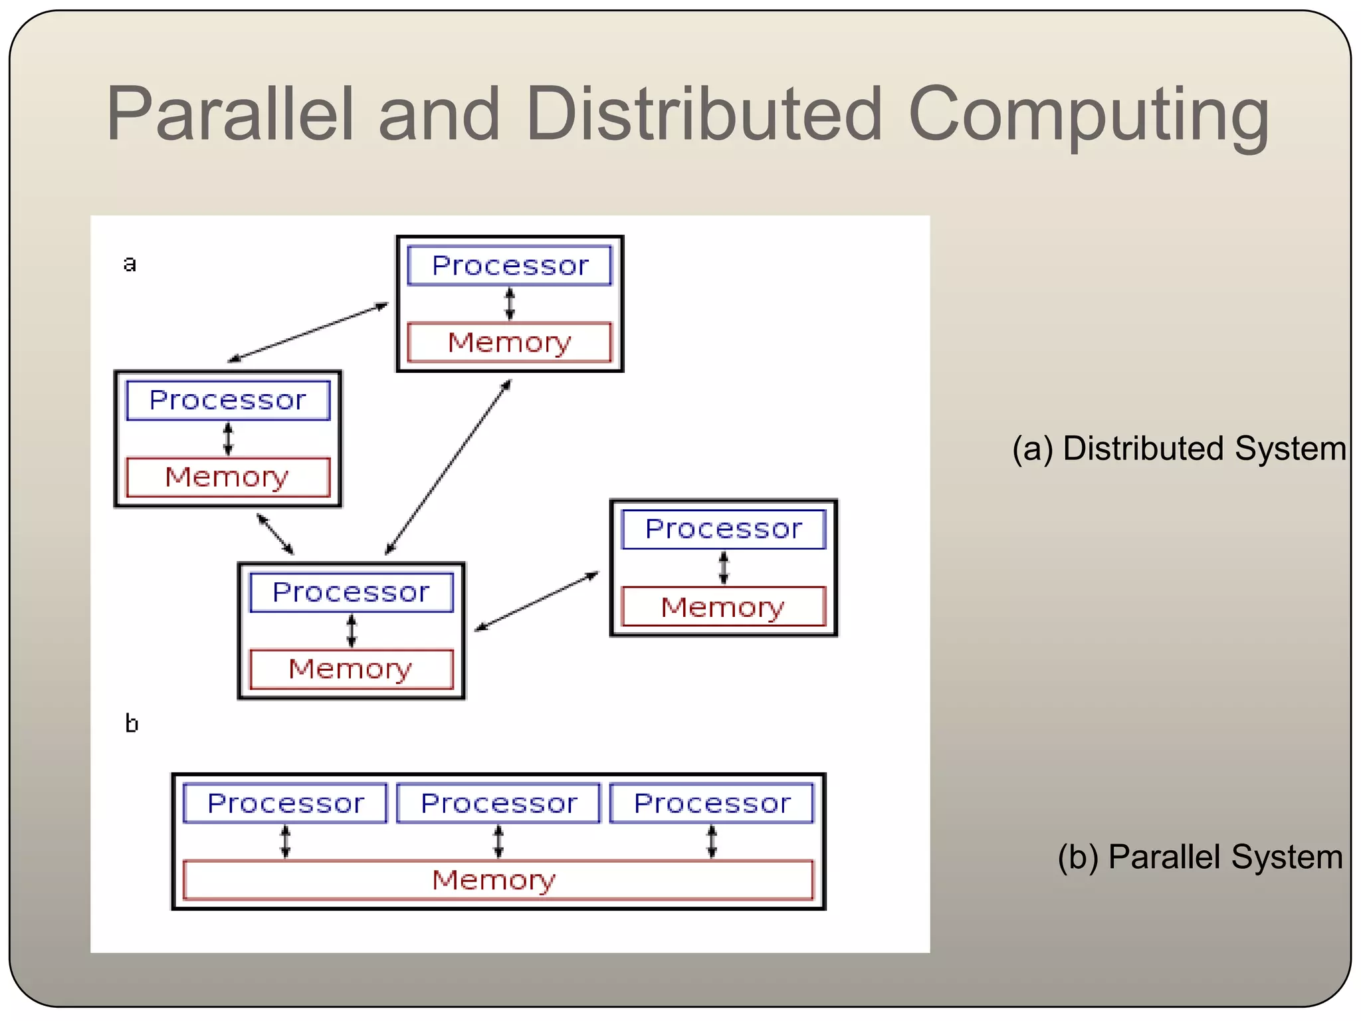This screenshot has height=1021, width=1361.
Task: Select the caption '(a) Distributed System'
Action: click(x=1179, y=448)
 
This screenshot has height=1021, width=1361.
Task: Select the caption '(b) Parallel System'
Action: click(x=1200, y=856)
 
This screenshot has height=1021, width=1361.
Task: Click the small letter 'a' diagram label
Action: click(x=130, y=264)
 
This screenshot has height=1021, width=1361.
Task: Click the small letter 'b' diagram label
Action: click(x=132, y=723)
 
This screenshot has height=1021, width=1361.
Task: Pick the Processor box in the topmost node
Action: click(x=510, y=266)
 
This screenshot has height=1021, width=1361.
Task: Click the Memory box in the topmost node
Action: click(x=510, y=342)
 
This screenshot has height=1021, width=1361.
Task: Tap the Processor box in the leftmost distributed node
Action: click(x=228, y=400)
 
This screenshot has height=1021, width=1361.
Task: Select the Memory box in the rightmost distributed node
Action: click(x=723, y=606)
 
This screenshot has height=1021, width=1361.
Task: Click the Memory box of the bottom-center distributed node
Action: click(x=351, y=669)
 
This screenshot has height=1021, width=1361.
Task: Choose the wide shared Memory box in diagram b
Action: click(x=497, y=880)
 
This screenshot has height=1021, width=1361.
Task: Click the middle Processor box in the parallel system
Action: click(x=498, y=804)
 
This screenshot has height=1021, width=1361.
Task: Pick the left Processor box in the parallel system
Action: click(x=285, y=804)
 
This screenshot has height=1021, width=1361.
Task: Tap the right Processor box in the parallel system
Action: click(x=712, y=804)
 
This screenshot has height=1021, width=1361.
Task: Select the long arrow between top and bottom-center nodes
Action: click(x=449, y=467)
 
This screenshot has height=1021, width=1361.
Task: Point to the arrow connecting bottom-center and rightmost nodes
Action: click(x=537, y=601)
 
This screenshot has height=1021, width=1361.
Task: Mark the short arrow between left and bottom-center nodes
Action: click(x=275, y=534)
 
